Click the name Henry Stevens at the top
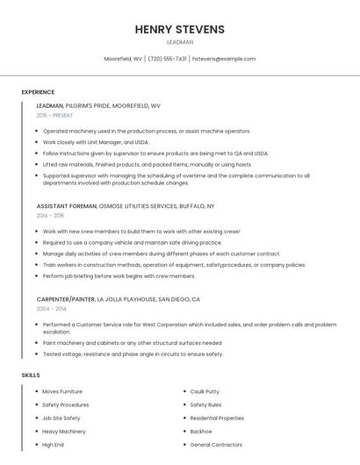pos(180,29)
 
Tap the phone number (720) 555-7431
pos(167,59)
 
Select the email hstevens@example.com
pos(224,59)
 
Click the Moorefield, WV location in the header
pos(123,59)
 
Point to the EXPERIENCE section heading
pos(38,92)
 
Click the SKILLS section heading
pos(31,376)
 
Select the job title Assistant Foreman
pos(67,205)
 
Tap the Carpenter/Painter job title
pos(66,299)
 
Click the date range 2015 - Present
pos(54,115)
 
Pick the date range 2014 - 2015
pos(50,215)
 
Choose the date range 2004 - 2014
pos(50,309)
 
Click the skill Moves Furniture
pos(62,391)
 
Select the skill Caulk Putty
pos(205,391)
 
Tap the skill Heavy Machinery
pos(64,432)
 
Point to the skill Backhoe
pos(201,432)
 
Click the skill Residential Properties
pos(217,418)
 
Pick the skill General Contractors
pos(216,445)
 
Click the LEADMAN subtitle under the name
pos(180,41)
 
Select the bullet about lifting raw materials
pos(148,164)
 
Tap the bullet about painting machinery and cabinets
pos(132,343)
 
